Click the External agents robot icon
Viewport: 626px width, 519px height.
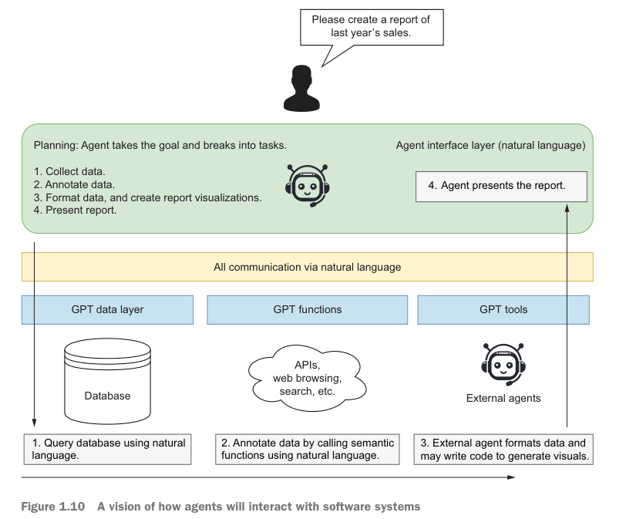503,362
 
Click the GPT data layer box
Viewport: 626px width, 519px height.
107,310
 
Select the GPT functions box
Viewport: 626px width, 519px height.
307,310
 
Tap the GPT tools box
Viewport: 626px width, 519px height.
503,310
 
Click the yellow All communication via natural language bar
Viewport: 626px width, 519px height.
307,268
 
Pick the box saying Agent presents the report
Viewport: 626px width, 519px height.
501,186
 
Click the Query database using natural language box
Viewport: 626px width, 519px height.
107,450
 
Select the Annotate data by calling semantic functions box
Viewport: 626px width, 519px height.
307,450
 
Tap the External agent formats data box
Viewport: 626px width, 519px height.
503,450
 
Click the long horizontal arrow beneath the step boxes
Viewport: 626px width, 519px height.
270,478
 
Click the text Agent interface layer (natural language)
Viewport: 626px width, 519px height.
490,145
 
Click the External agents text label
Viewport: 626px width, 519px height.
503,399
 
